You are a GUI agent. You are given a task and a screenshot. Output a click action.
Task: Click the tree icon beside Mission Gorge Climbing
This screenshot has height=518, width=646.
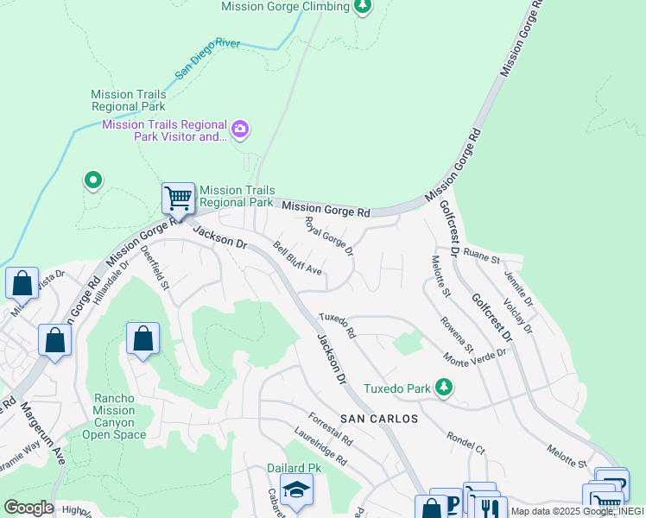coord(364,7)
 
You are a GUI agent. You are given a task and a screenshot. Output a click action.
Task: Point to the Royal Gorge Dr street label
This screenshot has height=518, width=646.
coord(329,236)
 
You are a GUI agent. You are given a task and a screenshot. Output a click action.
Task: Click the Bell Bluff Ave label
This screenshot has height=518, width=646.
coord(297,259)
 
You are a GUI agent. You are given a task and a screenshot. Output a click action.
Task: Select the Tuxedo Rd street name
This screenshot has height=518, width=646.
coord(337,325)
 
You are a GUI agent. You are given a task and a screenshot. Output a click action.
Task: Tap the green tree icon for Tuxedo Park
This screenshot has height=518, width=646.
coord(443,388)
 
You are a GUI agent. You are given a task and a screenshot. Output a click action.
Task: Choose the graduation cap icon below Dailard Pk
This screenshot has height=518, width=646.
coord(296,490)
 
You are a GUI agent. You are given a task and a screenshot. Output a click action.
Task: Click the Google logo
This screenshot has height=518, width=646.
coord(28,508)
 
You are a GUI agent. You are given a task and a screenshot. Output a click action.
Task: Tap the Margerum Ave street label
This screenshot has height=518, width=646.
coord(43,433)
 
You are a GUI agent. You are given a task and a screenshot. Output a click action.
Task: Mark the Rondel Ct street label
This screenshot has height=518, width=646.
coord(465,442)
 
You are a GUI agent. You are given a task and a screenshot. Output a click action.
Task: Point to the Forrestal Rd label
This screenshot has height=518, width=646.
coord(331,427)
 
